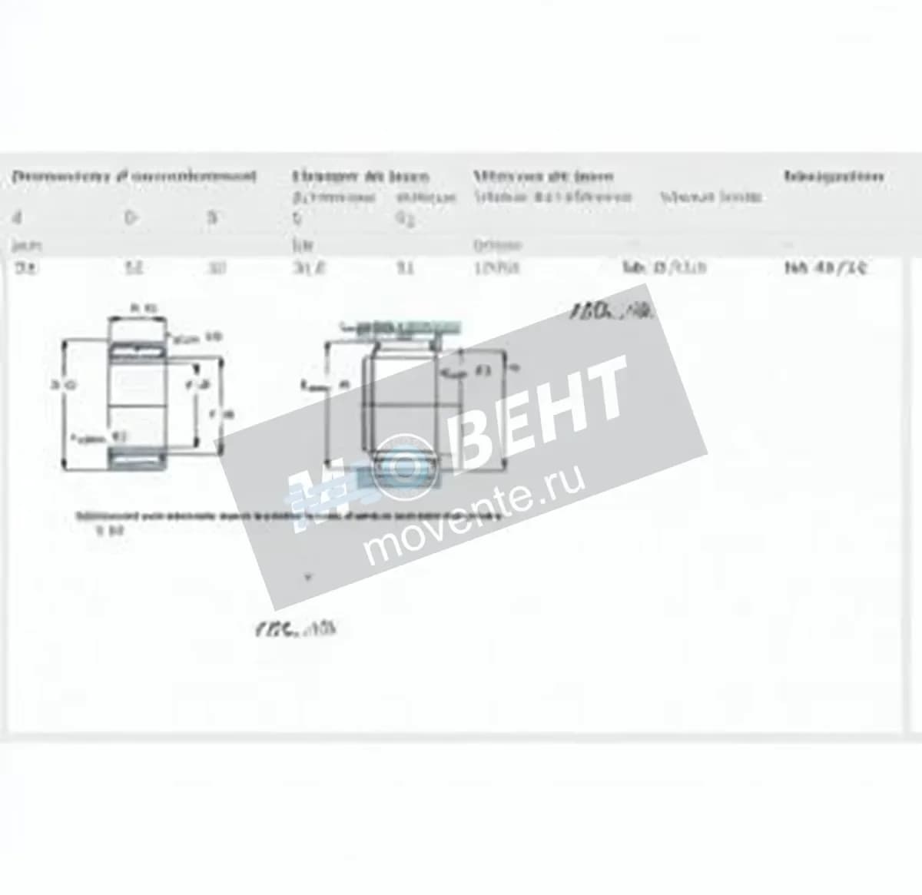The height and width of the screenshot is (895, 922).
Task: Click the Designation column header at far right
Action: point(834,176)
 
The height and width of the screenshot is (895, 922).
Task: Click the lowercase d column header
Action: point(17,217)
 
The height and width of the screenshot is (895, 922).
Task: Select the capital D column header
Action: point(130,217)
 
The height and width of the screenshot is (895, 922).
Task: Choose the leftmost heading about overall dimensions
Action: point(134,176)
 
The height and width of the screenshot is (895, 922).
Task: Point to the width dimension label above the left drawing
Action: point(139,308)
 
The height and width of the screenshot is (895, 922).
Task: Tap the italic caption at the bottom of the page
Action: point(295,629)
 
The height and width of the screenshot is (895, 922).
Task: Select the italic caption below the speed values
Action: point(612,312)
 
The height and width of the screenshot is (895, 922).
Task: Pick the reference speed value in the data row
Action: point(496,268)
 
